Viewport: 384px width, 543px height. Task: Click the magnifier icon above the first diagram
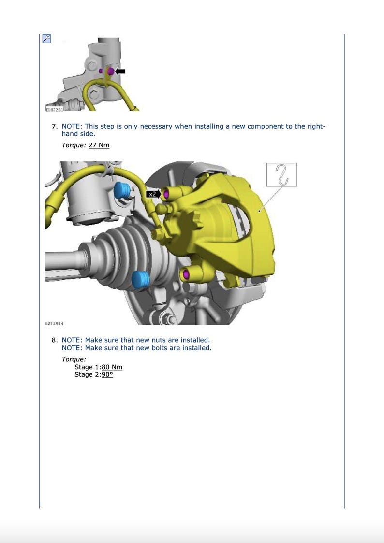pyautogui.click(x=46, y=39)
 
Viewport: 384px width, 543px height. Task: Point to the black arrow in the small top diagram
pyautogui.click(x=120, y=71)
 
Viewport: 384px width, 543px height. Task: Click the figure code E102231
pyautogui.click(x=54, y=110)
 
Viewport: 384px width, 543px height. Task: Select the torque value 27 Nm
pyautogui.click(x=99, y=145)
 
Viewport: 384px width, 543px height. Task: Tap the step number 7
pyautogui.click(x=55, y=126)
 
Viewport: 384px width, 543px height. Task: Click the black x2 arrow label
pyautogui.click(x=153, y=194)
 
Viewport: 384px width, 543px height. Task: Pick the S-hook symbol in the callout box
pyautogui.click(x=282, y=174)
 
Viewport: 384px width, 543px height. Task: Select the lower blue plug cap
pyautogui.click(x=140, y=280)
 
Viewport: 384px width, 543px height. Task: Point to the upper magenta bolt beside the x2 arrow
pyautogui.click(x=167, y=194)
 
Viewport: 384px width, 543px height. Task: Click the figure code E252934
pyautogui.click(x=54, y=323)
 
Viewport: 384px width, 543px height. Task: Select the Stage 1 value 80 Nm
pyautogui.click(x=112, y=367)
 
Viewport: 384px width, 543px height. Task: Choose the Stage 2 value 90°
pyautogui.click(x=107, y=374)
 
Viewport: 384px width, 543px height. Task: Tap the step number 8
pyautogui.click(x=55, y=340)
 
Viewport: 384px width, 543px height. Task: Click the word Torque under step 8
pyautogui.click(x=74, y=359)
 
